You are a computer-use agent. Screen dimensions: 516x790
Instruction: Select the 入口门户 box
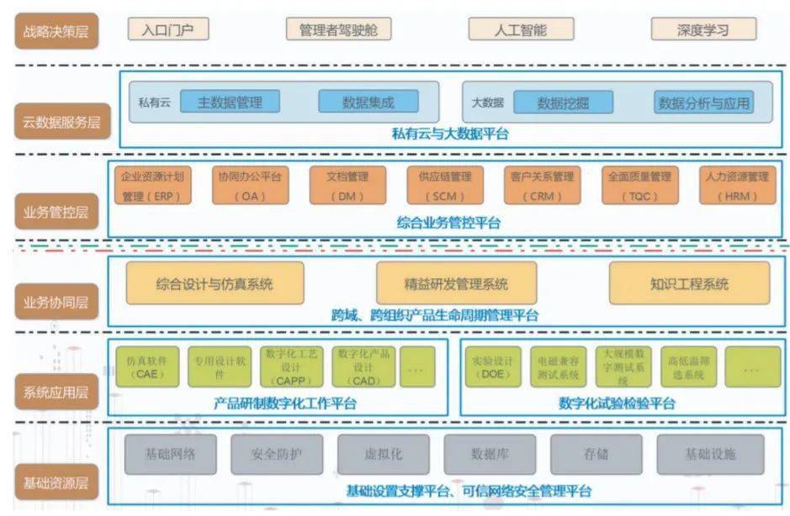point(168,30)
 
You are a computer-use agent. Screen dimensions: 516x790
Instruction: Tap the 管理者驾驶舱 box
point(338,30)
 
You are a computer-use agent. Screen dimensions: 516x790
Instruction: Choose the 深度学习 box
point(703,30)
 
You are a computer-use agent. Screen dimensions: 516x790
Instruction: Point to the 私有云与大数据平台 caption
point(449,133)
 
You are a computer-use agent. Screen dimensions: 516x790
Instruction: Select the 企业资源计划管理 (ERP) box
point(152,187)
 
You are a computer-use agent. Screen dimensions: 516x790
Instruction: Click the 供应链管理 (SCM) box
point(444,187)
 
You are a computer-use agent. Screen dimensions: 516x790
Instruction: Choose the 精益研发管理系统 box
point(455,284)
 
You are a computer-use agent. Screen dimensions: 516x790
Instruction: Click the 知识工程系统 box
point(689,284)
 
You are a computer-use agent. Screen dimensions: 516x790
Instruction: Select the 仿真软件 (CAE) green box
point(146,366)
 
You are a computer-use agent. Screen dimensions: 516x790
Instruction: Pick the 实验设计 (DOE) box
point(489,366)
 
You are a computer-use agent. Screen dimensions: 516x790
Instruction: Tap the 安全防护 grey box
point(277,455)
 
